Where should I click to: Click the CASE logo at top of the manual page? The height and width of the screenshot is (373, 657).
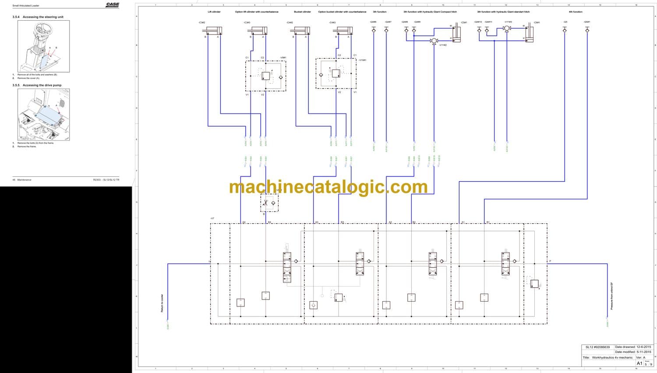(113, 5)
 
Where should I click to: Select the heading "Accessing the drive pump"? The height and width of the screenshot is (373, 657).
(42, 85)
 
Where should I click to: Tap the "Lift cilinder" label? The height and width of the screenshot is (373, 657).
(214, 12)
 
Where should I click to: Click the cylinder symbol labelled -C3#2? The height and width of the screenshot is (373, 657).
(213, 30)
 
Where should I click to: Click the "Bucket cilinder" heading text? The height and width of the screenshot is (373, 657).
(302, 12)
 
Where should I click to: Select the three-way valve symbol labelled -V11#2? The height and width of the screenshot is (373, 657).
(434, 41)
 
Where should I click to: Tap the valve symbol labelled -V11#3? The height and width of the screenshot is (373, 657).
(507, 28)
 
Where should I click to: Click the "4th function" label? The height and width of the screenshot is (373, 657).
(575, 12)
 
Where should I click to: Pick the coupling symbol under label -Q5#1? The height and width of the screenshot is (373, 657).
(587, 30)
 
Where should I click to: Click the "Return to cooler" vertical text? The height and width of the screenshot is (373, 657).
(162, 303)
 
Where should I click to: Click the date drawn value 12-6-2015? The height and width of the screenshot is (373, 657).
(643, 347)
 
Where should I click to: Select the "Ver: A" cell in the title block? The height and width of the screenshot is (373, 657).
(640, 358)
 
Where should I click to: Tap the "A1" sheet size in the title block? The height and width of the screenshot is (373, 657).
(639, 363)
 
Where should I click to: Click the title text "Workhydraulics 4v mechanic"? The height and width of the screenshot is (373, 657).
(612, 358)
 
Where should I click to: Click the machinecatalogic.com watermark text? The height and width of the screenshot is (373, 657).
(328, 187)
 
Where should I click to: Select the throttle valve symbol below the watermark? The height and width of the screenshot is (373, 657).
(269, 203)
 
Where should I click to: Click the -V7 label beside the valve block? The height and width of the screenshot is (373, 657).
(212, 218)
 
